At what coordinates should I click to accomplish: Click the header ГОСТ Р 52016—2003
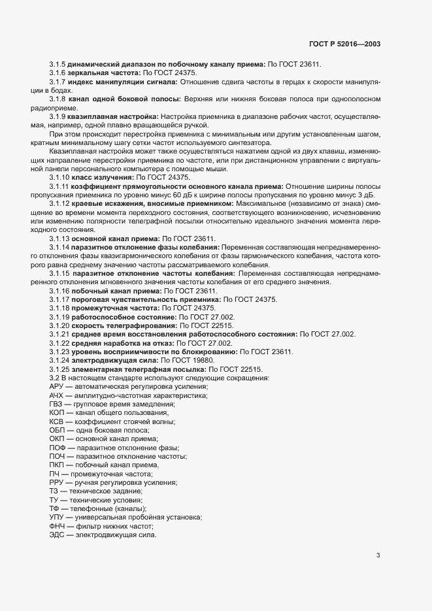point(344,44)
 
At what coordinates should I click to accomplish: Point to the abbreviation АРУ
point(57,387)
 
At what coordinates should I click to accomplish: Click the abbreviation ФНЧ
point(58,526)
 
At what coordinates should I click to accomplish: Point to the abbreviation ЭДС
point(58,535)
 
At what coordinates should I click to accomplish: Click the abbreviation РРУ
point(57,482)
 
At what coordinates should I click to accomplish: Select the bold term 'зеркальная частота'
point(101,73)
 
